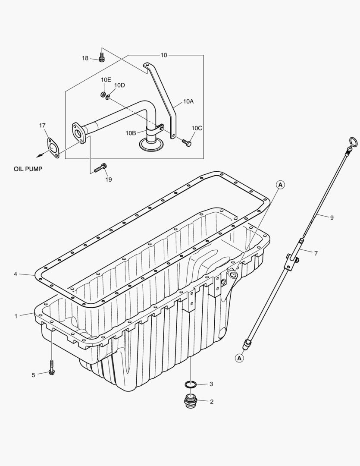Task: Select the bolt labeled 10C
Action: (188, 142)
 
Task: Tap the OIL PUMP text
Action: (28, 169)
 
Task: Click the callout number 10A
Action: (188, 101)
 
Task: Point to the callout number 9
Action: (332, 218)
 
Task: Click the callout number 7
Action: (316, 253)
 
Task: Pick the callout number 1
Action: (16, 316)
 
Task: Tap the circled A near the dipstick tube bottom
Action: (239, 357)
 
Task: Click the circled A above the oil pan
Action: (280, 185)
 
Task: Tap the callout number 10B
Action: (131, 133)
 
